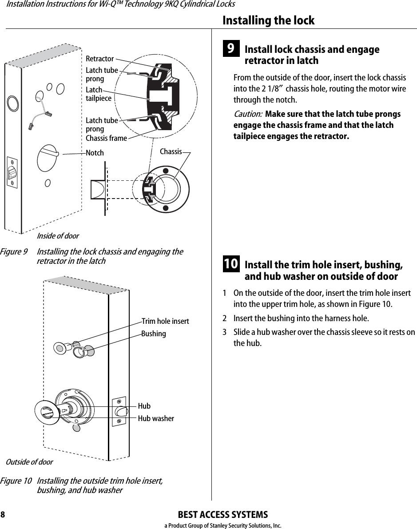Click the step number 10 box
pyautogui.click(x=230, y=264)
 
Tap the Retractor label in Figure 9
pyautogui.click(x=99, y=59)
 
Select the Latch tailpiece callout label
pyautogui.click(x=98, y=94)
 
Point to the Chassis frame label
pyautogui.click(x=106, y=138)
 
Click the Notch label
pyautogui.click(x=95, y=153)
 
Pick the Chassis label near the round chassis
pyautogui.click(x=171, y=151)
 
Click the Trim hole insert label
pyautogui.click(x=165, y=321)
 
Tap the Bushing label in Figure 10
pyautogui.click(x=153, y=334)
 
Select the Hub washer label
pyautogui.click(x=155, y=418)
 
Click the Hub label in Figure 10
pyautogui.click(x=144, y=406)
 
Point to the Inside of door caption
pyautogui.click(x=58, y=236)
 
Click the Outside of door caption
pyautogui.click(x=29, y=462)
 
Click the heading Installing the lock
pyautogui.click(x=268, y=20)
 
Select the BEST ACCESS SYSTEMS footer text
pyautogui.click(x=222, y=515)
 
